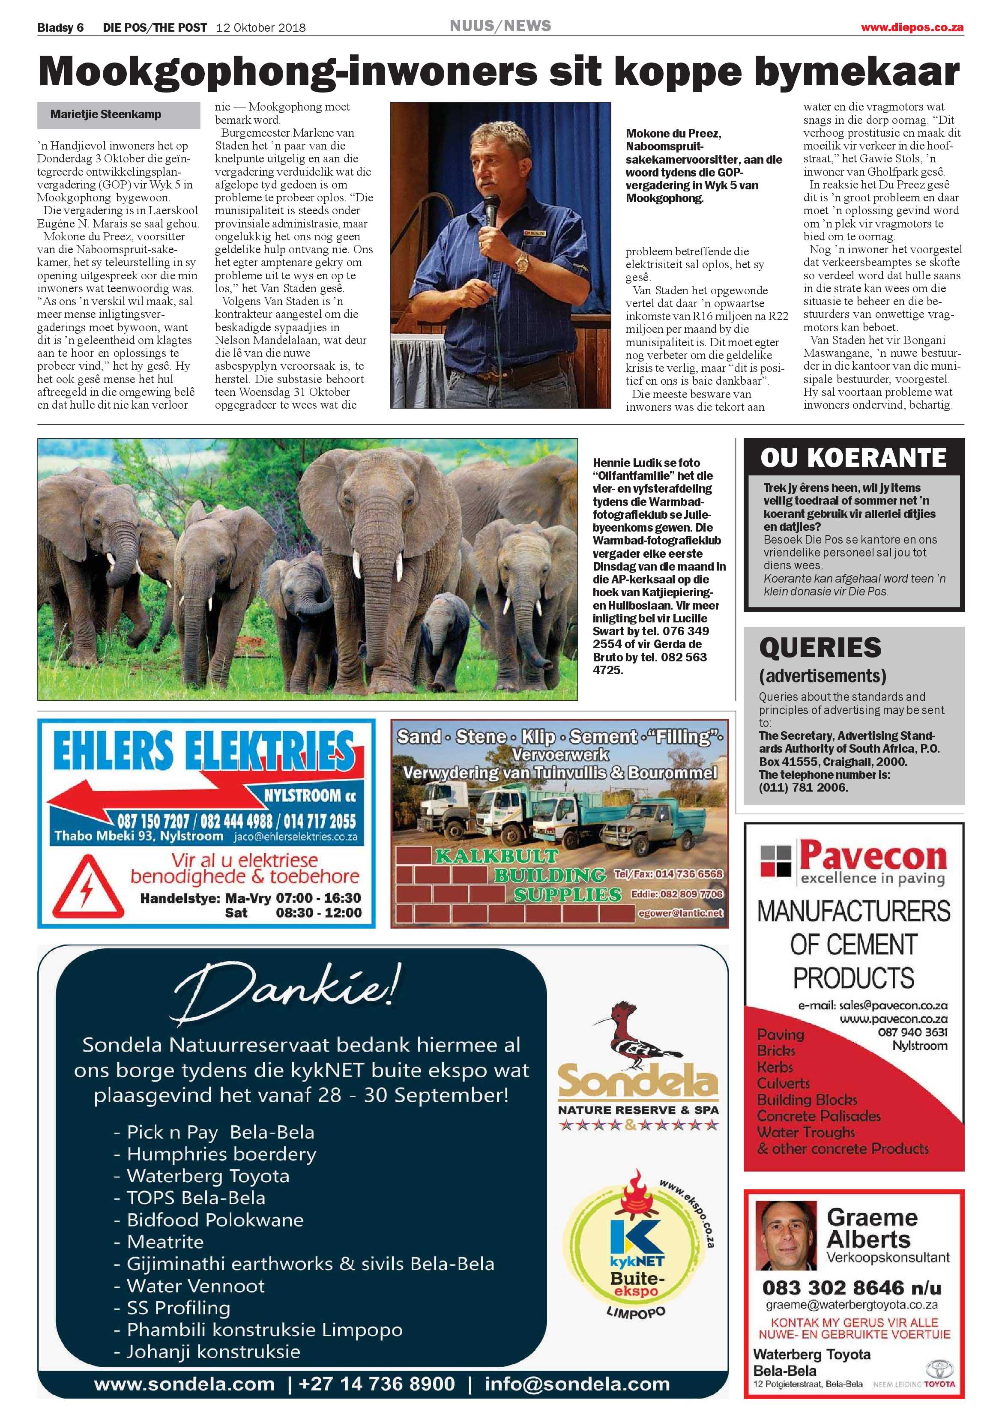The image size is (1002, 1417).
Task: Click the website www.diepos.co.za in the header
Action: tap(912, 27)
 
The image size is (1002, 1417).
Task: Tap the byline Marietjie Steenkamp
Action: tap(105, 114)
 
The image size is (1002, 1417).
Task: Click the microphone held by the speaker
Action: tap(491, 210)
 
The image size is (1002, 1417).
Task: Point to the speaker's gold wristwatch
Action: tap(522, 262)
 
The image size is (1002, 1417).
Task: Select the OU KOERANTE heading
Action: tap(853, 457)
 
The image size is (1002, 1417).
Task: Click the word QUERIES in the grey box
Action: tap(820, 647)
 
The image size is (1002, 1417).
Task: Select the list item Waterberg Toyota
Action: tap(208, 1176)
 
